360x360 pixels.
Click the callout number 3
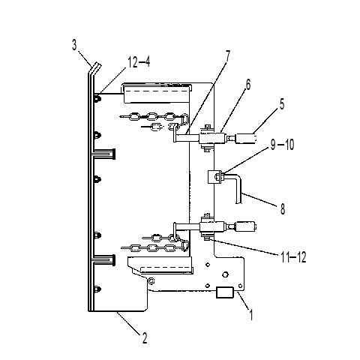tap(74, 45)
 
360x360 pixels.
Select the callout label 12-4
tap(139, 62)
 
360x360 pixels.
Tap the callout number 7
tap(227, 56)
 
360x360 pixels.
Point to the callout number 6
tap(248, 85)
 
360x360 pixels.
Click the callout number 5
tap(282, 104)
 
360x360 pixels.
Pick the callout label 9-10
tap(283, 145)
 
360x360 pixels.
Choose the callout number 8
tap(283, 208)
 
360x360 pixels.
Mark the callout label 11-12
tap(293, 257)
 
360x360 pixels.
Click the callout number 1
tap(251, 314)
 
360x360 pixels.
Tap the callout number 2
tap(145, 338)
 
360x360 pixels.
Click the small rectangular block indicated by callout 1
tap(225, 292)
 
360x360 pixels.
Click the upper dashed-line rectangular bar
tap(157, 93)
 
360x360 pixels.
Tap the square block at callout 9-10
tap(214, 176)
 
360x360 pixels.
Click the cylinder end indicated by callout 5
tap(246, 138)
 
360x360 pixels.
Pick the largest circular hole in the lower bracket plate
tap(225, 274)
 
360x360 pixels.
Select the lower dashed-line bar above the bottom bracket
tap(166, 269)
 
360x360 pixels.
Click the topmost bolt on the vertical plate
tap(97, 99)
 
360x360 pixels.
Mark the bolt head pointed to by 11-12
tap(207, 239)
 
